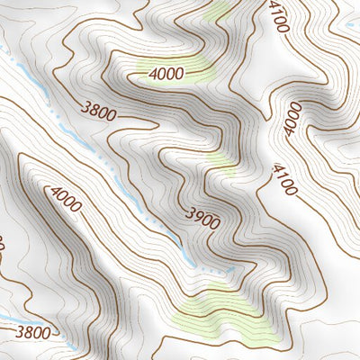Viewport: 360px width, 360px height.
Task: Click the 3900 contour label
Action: pyautogui.click(x=202, y=217)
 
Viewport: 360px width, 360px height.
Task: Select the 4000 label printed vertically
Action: pyautogui.click(x=292, y=119)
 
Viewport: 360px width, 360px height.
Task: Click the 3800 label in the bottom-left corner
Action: pyautogui.click(x=34, y=332)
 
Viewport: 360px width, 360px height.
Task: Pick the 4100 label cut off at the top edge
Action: pyautogui.click(x=278, y=15)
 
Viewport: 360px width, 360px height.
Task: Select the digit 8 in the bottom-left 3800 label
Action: pyautogui.click(x=28, y=332)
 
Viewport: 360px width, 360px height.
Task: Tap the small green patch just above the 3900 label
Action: pyautogui.click(x=220, y=163)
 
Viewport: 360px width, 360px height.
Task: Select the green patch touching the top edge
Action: pyautogui.click(x=220, y=11)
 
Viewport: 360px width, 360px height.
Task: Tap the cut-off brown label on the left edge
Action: pyautogui.click(x=3, y=245)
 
